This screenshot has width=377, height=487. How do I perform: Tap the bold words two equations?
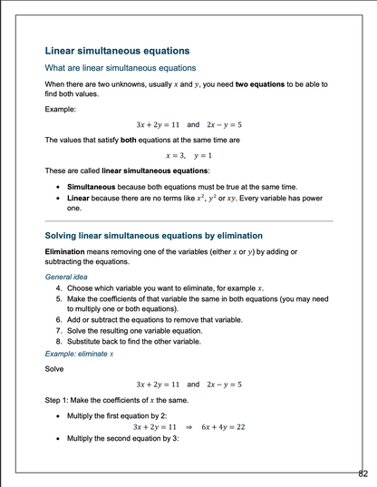(263, 84)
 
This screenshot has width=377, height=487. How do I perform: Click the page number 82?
(362, 472)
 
